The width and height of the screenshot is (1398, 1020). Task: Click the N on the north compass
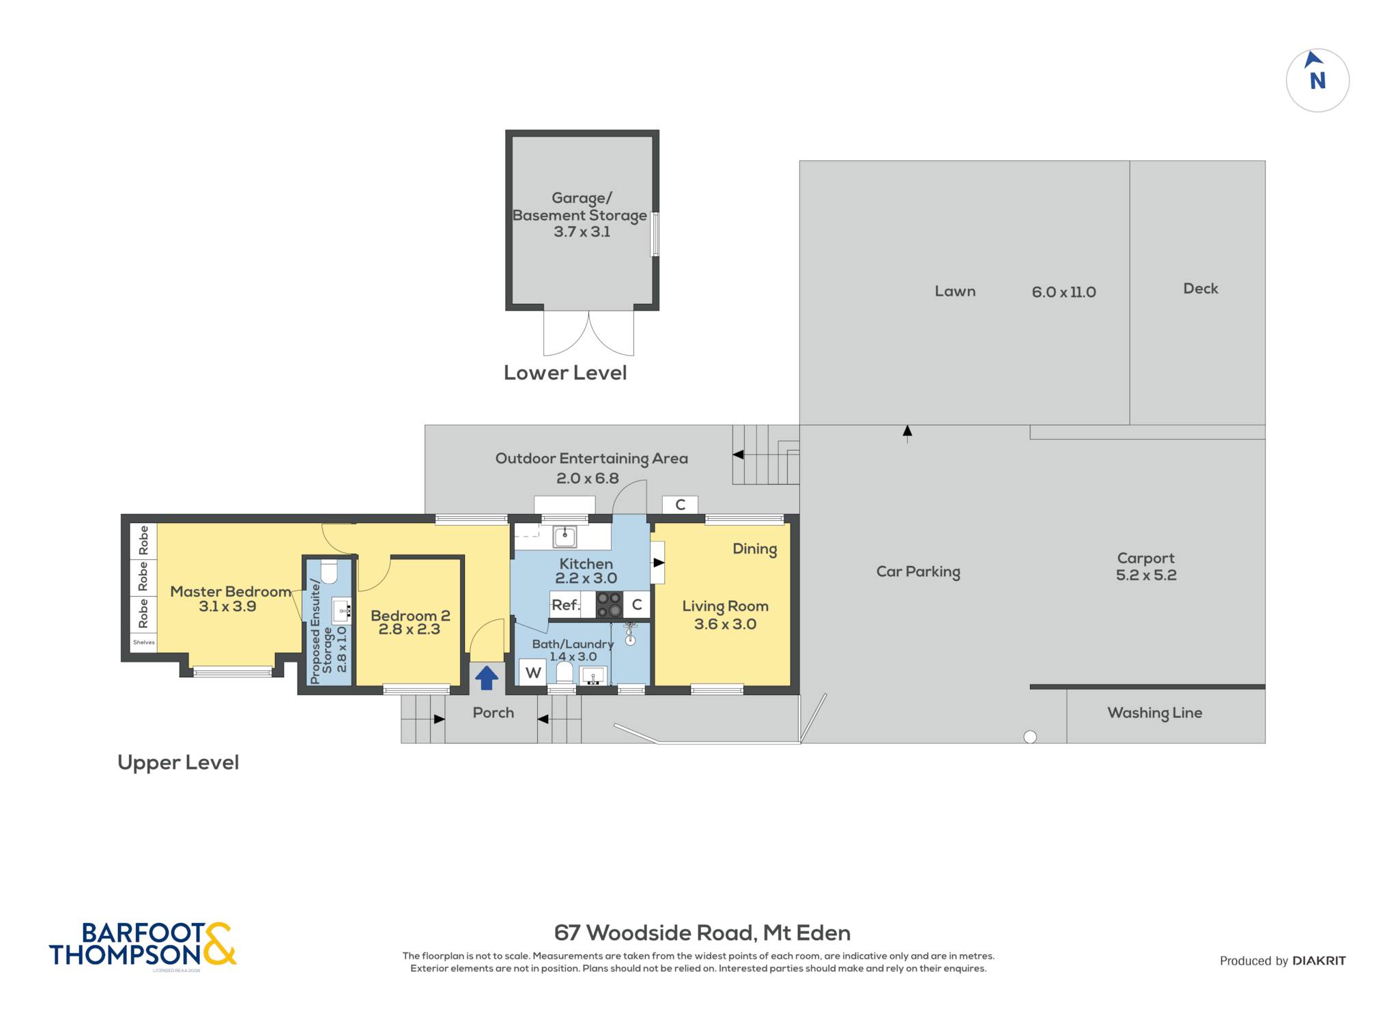[1317, 81]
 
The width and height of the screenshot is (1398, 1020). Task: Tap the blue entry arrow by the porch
[486, 678]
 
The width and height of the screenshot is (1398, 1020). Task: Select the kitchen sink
[565, 537]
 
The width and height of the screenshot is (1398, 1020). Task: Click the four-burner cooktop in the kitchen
[608, 604]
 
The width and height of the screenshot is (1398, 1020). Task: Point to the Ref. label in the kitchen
[566, 605]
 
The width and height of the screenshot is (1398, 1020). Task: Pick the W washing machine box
[533, 672]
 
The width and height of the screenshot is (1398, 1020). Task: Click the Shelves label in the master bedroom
[143, 642]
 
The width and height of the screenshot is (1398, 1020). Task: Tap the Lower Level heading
[565, 373]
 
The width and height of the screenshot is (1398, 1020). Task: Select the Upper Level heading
[178, 763]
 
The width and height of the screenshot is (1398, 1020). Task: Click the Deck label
[1201, 289]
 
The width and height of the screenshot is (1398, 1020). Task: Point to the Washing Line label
[1154, 713]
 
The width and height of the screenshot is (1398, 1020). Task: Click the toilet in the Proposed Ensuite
[328, 572]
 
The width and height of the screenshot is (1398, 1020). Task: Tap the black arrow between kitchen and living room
[659, 563]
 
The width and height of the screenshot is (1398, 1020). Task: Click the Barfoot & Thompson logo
[143, 944]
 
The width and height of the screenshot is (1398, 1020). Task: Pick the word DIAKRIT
[1319, 961]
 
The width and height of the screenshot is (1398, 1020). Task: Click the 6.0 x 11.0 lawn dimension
[1064, 292]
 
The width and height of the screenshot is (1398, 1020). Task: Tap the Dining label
[754, 550]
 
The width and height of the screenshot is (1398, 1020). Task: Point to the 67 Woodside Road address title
[702, 933]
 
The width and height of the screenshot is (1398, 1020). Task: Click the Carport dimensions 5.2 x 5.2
[1146, 575]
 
